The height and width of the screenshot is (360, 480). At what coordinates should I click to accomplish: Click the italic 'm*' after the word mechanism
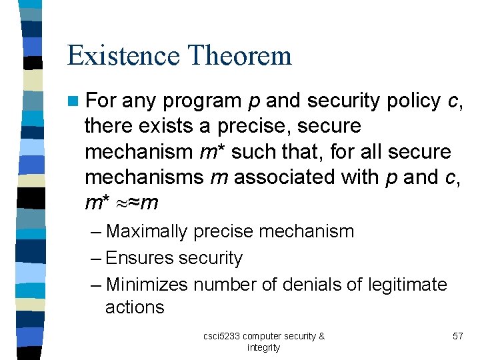(207, 151)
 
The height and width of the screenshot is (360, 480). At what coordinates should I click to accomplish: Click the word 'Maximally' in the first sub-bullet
(147, 232)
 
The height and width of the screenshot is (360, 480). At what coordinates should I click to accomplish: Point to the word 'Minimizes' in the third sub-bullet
(147, 285)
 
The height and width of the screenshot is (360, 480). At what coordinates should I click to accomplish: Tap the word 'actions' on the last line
(135, 307)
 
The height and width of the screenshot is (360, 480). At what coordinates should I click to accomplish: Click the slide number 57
(457, 336)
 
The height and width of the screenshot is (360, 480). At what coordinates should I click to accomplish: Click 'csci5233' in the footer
(222, 336)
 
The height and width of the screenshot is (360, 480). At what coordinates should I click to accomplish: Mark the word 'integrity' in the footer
(263, 347)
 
